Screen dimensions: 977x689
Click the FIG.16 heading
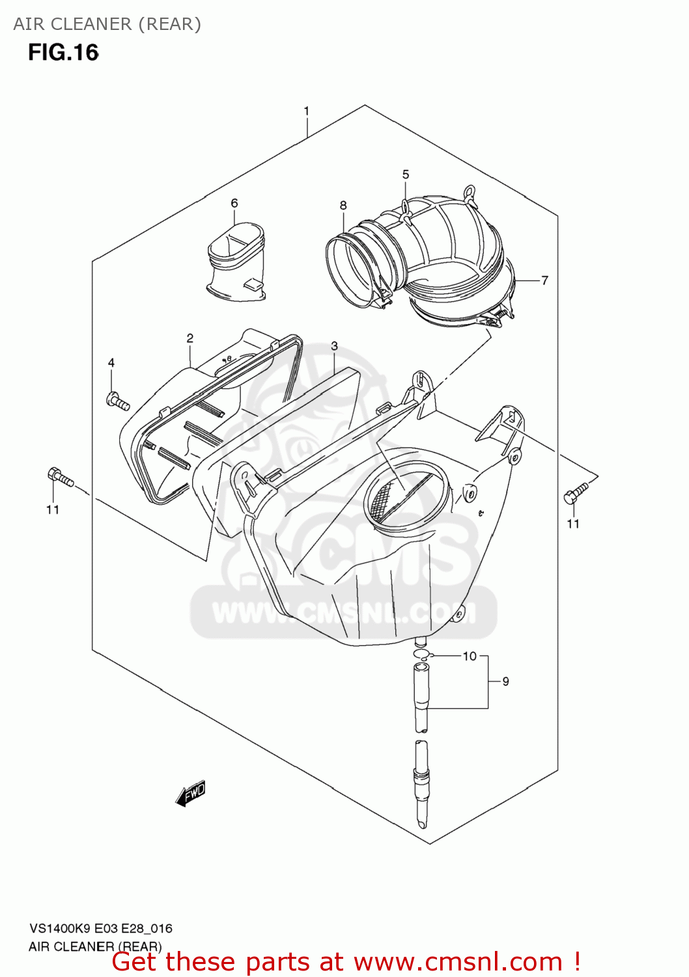63,53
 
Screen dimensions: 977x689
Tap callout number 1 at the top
306,111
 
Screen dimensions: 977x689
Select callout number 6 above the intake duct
234,203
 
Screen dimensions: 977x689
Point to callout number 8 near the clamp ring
343,205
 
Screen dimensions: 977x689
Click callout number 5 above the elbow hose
406,175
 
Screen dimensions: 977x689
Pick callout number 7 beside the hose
544,280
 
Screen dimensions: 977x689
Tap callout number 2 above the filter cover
190,338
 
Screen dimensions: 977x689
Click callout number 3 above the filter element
334,346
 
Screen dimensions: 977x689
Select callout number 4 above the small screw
111,363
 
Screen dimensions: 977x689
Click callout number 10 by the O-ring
470,656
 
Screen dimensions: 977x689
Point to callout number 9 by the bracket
505,681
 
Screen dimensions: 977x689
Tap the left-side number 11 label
53,510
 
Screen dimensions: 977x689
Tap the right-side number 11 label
573,524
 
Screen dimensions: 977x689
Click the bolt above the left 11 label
60,477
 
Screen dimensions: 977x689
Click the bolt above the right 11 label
576,492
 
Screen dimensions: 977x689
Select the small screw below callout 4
117,400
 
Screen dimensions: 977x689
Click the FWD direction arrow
191,793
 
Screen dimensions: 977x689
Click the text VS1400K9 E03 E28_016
100,929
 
